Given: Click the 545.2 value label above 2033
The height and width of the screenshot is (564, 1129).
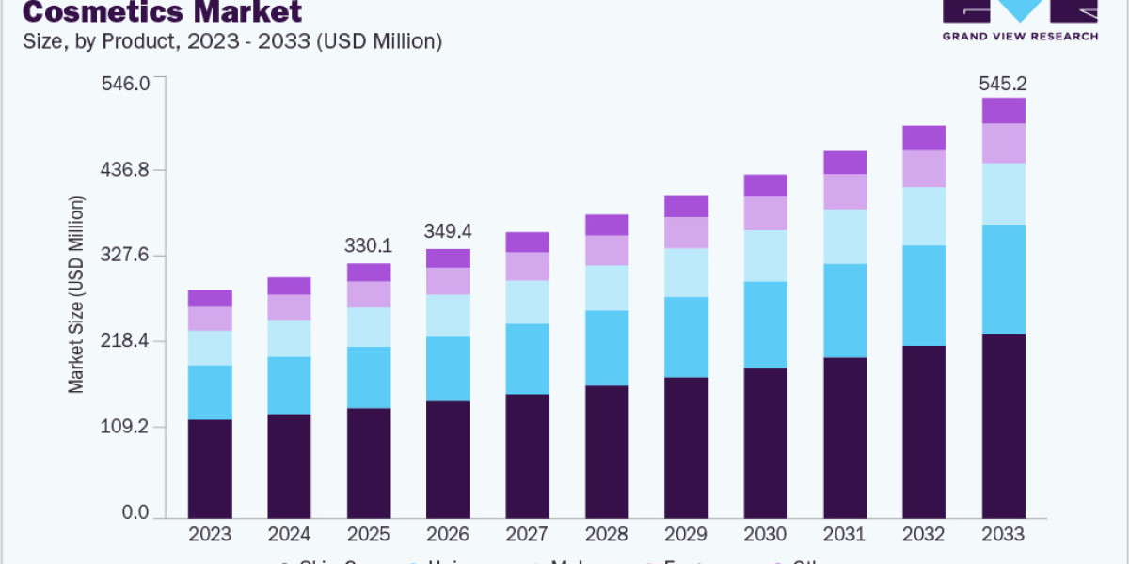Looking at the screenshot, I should pyautogui.click(x=1003, y=84).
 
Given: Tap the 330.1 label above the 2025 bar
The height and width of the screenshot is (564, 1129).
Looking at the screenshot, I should pyautogui.click(x=369, y=246).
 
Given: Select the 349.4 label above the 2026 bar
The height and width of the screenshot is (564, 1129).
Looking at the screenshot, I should pyautogui.click(x=448, y=230).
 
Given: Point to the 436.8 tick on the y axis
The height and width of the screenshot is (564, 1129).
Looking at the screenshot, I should pyautogui.click(x=124, y=170).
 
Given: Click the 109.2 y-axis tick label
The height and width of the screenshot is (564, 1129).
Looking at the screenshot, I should pyautogui.click(x=124, y=427).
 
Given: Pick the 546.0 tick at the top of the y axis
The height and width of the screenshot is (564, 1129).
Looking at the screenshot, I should pyautogui.click(x=124, y=84).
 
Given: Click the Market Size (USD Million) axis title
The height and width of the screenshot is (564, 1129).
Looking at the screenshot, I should pyautogui.click(x=76, y=294).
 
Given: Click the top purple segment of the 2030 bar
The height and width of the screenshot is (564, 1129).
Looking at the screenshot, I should pyautogui.click(x=765, y=185).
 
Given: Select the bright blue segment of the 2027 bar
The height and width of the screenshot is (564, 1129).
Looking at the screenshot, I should pyautogui.click(x=527, y=359).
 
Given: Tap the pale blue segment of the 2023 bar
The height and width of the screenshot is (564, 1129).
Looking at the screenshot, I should pyautogui.click(x=210, y=348).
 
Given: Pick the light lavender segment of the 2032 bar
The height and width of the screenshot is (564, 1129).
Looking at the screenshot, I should pyautogui.click(x=924, y=169).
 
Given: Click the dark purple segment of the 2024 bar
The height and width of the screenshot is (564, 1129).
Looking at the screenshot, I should pyautogui.click(x=289, y=466).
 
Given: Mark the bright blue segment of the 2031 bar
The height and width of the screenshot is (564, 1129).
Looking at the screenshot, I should pyautogui.click(x=845, y=311).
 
